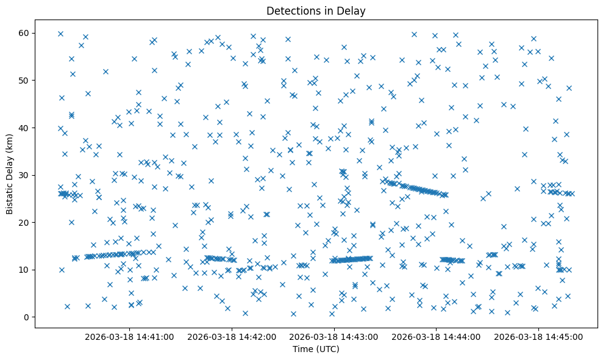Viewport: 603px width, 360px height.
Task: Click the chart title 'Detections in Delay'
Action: click(x=316, y=10)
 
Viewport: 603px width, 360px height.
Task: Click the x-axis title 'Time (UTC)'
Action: click(x=316, y=349)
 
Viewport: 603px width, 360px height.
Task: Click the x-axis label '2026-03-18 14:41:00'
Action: click(x=130, y=336)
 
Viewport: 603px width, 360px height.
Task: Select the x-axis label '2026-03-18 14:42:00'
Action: click(x=232, y=336)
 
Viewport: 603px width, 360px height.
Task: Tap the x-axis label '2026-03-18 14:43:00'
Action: click(x=334, y=336)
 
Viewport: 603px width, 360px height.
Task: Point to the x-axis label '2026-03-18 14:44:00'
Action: click(x=436, y=336)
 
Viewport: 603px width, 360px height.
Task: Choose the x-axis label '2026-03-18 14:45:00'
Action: click(x=538, y=336)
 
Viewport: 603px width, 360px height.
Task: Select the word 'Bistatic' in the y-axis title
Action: click(x=10, y=196)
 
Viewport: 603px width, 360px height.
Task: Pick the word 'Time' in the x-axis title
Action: click(x=302, y=349)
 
